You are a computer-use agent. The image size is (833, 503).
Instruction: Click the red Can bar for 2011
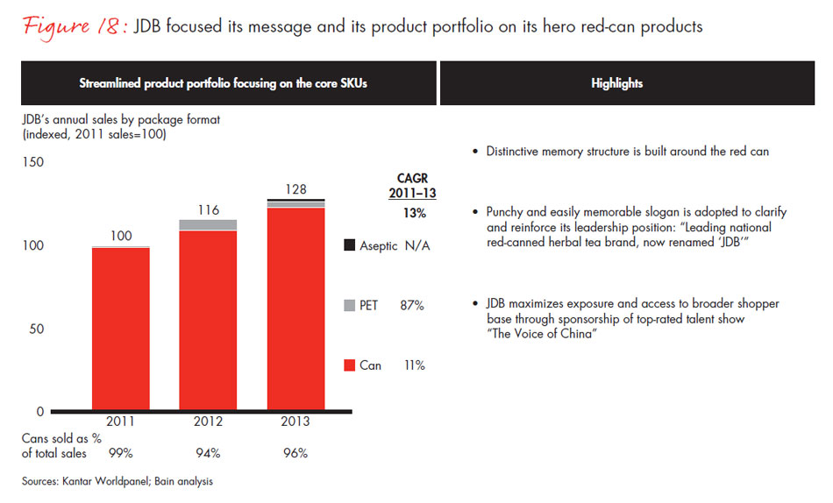point(120,329)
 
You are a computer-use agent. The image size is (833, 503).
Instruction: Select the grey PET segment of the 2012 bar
point(207,225)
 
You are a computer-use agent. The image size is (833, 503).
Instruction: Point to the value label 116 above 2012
point(207,210)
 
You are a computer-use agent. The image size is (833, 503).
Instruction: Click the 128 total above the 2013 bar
point(295,190)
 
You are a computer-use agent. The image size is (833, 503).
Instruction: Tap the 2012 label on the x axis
point(207,422)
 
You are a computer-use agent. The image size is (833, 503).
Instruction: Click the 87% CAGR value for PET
point(411,306)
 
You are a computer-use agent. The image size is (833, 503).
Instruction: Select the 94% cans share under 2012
point(207,454)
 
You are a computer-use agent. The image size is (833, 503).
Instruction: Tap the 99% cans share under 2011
point(120,454)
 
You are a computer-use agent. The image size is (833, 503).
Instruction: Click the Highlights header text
point(616,83)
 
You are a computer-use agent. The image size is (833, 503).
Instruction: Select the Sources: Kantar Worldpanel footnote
point(117,481)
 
